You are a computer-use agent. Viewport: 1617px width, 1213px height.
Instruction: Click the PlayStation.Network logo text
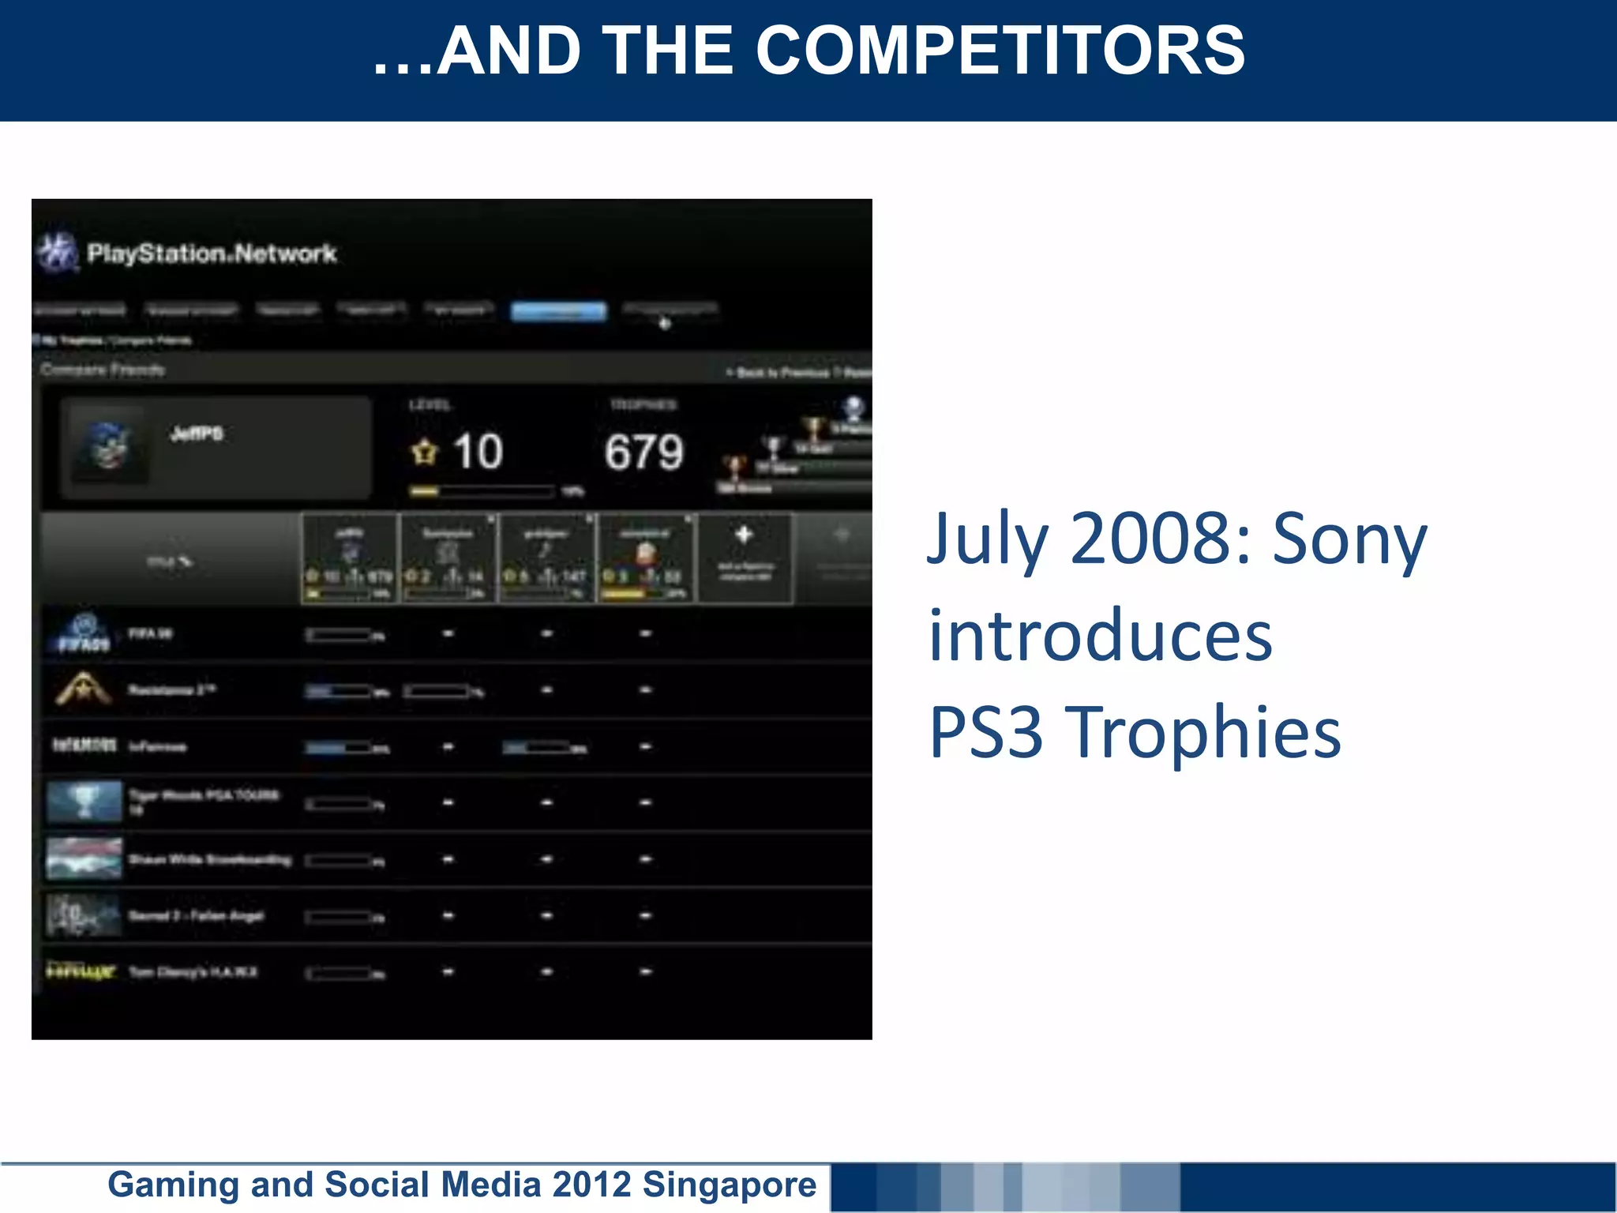pos(211,253)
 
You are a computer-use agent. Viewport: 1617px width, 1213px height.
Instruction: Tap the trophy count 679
pos(643,453)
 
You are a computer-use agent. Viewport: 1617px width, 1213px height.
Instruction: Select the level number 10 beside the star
pos(477,452)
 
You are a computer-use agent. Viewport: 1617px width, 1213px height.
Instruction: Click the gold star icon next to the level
pos(424,453)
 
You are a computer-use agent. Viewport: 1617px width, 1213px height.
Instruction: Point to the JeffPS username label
pos(197,434)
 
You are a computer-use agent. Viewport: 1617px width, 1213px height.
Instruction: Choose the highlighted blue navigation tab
pos(558,312)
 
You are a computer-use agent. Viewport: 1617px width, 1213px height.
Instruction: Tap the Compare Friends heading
pos(103,370)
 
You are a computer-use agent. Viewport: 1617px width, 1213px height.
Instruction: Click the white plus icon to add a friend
pos(744,535)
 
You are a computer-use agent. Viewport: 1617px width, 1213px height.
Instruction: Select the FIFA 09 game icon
pos(84,634)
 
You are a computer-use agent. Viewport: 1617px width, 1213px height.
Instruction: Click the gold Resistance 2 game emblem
pos(83,689)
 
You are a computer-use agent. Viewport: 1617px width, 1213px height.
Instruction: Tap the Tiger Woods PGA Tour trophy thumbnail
pos(84,802)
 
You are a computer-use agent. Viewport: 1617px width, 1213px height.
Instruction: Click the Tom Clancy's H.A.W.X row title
pos(193,972)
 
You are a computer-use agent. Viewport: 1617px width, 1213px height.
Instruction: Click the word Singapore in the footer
pos(729,1185)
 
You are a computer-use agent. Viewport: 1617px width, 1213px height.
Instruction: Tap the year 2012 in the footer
pos(591,1185)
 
